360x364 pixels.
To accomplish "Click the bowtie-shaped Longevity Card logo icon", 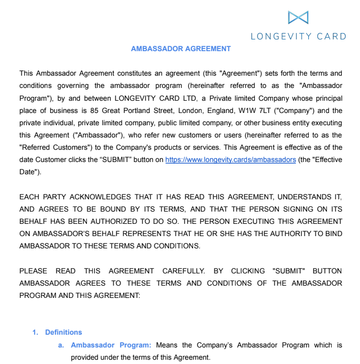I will pyautogui.click(x=298, y=18).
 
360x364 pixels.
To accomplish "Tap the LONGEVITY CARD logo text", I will pyautogui.click(x=298, y=36).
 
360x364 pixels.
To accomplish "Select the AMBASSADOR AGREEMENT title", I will pyautogui.click(x=181, y=48).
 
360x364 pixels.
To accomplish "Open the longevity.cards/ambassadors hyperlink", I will pyautogui.click(x=230, y=160).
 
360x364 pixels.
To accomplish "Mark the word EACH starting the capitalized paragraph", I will pyautogui.click(x=30, y=197).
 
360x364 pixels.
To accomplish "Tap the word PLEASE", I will pyautogui.click(x=33, y=271).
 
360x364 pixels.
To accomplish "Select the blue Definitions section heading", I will pyautogui.click(x=63, y=333).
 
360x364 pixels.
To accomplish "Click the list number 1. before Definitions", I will pyautogui.click(x=35, y=333).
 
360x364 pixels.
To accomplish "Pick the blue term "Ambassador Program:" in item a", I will pyautogui.click(x=111, y=345).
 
